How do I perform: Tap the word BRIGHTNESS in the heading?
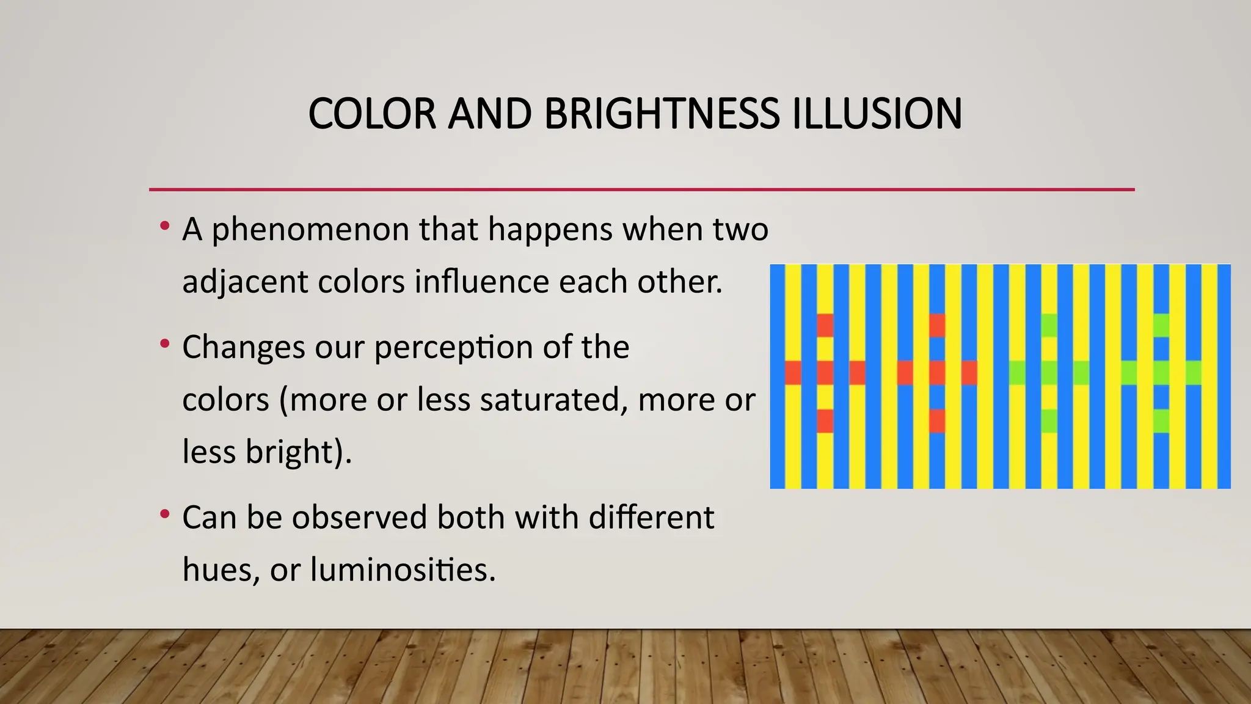tap(662, 114)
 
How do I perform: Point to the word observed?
tap(359, 518)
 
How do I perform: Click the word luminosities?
tap(403, 570)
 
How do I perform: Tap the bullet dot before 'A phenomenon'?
tap(164, 227)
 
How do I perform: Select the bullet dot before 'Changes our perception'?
tap(164, 344)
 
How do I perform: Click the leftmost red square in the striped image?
tap(793, 373)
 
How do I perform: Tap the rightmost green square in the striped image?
tap(1193, 373)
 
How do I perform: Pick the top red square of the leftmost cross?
tap(825, 325)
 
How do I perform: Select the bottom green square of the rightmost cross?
tap(1161, 421)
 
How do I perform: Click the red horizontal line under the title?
tap(641, 189)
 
